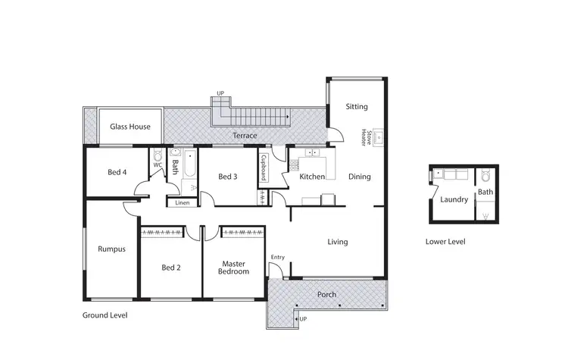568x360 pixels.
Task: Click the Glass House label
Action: (130, 127)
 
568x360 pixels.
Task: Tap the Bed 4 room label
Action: (117, 172)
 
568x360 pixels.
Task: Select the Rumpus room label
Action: (111, 249)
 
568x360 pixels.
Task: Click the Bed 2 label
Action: (171, 267)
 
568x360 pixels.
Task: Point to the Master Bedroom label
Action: (233, 268)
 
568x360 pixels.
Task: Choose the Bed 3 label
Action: (227, 177)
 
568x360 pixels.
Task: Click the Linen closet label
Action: (182, 203)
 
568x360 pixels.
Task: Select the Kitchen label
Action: (312, 177)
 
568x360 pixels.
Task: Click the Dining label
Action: (359, 177)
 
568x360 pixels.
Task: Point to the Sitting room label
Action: (357, 107)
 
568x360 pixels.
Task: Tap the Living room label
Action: (337, 243)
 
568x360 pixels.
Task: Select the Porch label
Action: (326, 294)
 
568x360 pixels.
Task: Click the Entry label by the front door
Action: (278, 258)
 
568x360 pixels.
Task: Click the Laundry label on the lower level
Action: (454, 200)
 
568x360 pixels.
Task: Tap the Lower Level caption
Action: (445, 242)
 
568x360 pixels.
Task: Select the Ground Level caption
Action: (105, 315)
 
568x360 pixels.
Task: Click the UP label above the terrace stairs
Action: (220, 93)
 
